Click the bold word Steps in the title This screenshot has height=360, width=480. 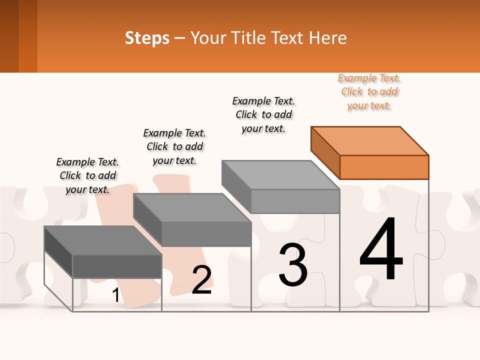[x=147, y=38]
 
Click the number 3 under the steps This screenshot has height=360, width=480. [x=293, y=265]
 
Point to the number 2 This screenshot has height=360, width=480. [x=201, y=280]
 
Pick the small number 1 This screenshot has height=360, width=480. [x=115, y=295]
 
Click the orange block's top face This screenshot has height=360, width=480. [x=370, y=140]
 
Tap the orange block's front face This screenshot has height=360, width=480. [x=384, y=167]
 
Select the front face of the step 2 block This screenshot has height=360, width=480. [x=206, y=234]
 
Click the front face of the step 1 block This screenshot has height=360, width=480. [x=117, y=266]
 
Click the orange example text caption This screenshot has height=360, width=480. [x=369, y=92]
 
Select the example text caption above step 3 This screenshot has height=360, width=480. [x=263, y=114]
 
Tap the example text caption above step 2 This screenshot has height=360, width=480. [x=174, y=146]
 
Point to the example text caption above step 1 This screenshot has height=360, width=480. [x=87, y=175]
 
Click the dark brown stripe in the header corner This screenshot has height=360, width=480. [x=9, y=36]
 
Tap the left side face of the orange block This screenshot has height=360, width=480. [x=325, y=152]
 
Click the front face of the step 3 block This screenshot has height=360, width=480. [x=295, y=201]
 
